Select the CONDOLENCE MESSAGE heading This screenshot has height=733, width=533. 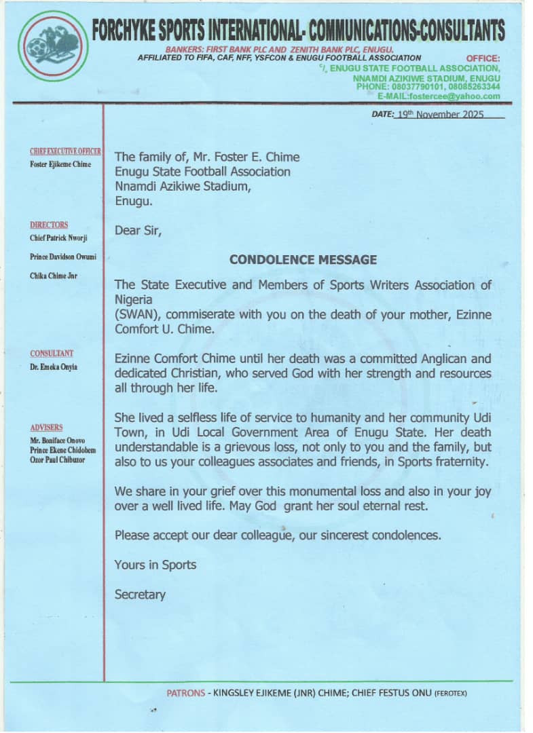(303, 259)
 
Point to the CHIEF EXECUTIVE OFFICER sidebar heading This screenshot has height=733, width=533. (65, 151)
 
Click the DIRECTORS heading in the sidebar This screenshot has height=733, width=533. (49, 225)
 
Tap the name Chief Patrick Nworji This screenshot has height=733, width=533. (58, 238)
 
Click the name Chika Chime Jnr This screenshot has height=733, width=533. (54, 276)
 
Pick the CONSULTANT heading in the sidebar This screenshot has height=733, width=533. (52, 354)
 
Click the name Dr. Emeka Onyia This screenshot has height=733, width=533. (52, 366)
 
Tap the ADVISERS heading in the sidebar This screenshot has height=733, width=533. (46, 428)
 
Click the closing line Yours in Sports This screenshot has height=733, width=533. (155, 565)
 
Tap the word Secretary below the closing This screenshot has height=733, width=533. (140, 595)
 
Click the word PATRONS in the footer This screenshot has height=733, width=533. (185, 693)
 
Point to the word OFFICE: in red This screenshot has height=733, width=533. (483, 59)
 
